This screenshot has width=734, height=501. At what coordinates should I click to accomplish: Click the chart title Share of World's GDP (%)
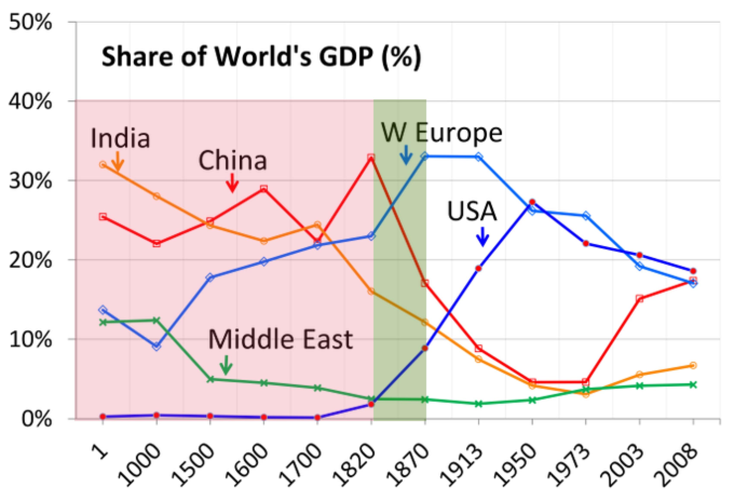tap(261, 57)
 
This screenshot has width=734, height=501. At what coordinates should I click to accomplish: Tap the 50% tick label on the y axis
tap(30, 23)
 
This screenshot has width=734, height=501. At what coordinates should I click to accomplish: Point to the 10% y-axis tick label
tap(30, 340)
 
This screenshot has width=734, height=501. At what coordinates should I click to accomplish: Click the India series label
tap(120, 138)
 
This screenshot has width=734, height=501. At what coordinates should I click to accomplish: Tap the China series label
tap(233, 160)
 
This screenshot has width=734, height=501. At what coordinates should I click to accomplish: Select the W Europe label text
tap(441, 133)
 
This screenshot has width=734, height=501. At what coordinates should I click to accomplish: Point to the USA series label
tap(472, 211)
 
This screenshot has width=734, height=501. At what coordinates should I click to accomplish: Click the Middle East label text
tap(280, 340)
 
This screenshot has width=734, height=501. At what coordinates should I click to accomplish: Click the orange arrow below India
tap(118, 161)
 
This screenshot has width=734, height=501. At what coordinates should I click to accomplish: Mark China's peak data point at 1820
tap(371, 157)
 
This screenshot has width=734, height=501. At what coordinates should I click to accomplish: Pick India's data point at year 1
tap(103, 165)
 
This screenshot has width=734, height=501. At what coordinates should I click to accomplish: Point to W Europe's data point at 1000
tap(157, 346)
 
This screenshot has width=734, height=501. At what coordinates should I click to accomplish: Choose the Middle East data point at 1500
tap(210, 379)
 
